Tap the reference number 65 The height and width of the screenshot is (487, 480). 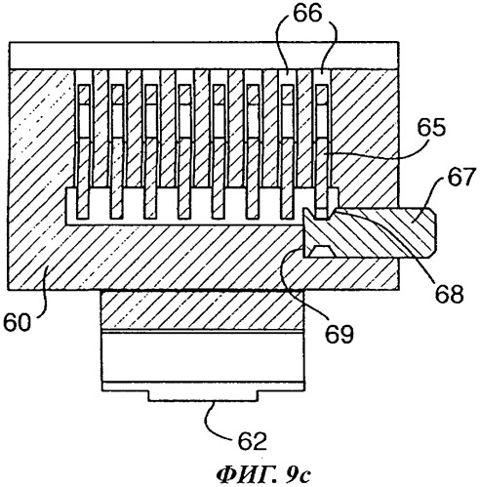click(x=431, y=129)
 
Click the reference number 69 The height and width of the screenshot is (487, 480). click(x=340, y=333)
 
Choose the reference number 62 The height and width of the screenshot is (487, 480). click(x=252, y=441)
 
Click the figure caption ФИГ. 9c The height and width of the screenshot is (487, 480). click(x=263, y=475)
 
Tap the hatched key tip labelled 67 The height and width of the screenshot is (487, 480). click(x=369, y=231)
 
